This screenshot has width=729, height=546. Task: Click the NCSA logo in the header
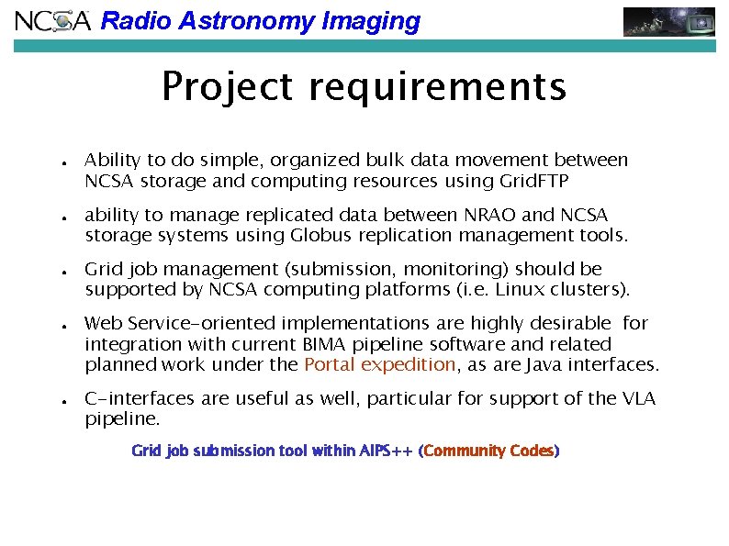point(53,21)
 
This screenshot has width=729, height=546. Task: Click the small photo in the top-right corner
point(669,21)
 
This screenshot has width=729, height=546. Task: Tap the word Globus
point(325,235)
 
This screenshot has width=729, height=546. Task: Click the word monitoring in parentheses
point(457,269)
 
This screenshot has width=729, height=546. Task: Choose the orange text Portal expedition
point(379,364)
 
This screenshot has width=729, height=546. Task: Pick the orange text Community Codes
point(489,451)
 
